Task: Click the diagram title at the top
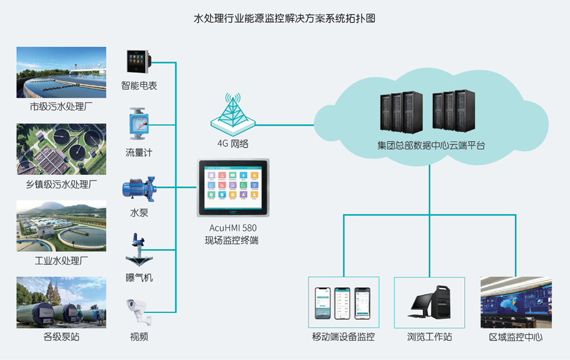[x=284, y=18]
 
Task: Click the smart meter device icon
[x=139, y=62]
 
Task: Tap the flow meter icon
[x=139, y=124]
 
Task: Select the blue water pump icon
[x=139, y=189]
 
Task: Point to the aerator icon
[x=139, y=250]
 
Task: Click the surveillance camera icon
[x=139, y=312]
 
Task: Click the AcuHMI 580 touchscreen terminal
[x=233, y=188]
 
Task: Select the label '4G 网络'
[x=232, y=144]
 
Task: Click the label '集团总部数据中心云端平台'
[x=431, y=146]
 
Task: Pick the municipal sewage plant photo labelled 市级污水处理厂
[x=61, y=72]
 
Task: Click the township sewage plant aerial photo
[x=61, y=149]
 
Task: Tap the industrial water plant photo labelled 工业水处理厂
[x=61, y=226]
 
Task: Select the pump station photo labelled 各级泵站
[x=61, y=302]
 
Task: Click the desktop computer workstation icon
[x=429, y=302]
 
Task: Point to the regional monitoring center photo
[x=516, y=302]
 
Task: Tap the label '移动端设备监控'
[x=343, y=337]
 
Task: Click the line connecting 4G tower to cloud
[x=284, y=125]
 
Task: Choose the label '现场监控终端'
[x=232, y=240]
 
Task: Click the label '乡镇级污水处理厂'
[x=61, y=184]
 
